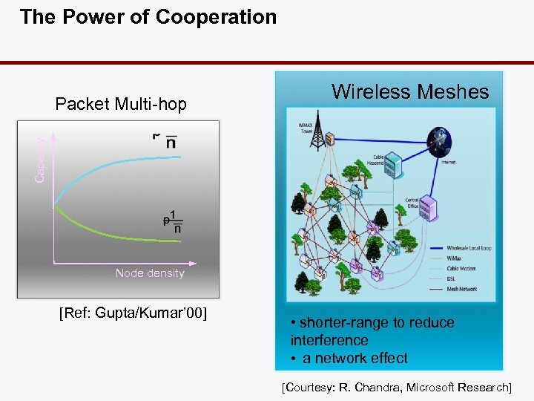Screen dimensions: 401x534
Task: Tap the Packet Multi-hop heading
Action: (121, 104)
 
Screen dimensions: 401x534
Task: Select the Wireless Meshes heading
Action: (410, 92)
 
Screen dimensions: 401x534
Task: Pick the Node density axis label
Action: (150, 273)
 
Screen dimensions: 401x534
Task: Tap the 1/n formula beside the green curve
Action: (175, 223)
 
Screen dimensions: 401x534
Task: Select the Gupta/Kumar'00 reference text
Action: (132, 313)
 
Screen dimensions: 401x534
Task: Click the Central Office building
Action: (427, 209)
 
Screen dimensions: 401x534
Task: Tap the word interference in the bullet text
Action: (329, 340)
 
